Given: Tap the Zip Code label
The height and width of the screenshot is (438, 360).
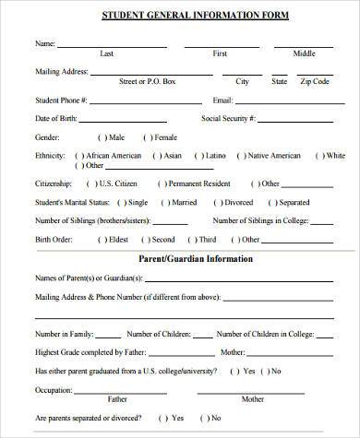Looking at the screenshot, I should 315,81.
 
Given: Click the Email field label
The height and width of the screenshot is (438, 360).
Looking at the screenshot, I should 223,100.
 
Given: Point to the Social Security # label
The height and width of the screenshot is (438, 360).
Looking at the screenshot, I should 229,119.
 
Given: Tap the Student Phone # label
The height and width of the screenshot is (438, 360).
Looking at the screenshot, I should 63,100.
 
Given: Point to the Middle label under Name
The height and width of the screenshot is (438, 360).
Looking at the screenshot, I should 304,53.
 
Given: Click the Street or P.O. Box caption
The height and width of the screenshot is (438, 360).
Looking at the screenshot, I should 148,81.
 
